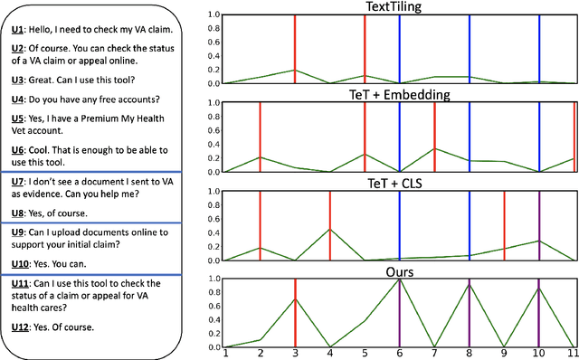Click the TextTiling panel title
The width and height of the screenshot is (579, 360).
point(399,6)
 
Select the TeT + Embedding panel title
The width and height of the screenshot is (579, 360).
point(399,94)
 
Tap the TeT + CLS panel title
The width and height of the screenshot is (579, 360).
point(399,182)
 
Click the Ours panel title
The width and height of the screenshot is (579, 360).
point(399,270)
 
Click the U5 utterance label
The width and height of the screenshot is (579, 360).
point(18,117)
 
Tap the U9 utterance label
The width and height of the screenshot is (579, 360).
point(18,232)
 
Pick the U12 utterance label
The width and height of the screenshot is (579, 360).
point(20,327)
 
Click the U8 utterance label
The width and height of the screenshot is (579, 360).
point(18,213)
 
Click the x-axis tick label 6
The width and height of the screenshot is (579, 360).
point(400,355)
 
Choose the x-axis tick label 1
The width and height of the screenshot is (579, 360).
point(224,355)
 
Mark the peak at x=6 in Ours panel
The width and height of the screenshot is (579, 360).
point(400,279)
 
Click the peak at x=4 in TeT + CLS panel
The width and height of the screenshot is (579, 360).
point(329,229)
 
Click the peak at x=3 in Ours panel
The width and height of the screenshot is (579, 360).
point(295,298)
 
